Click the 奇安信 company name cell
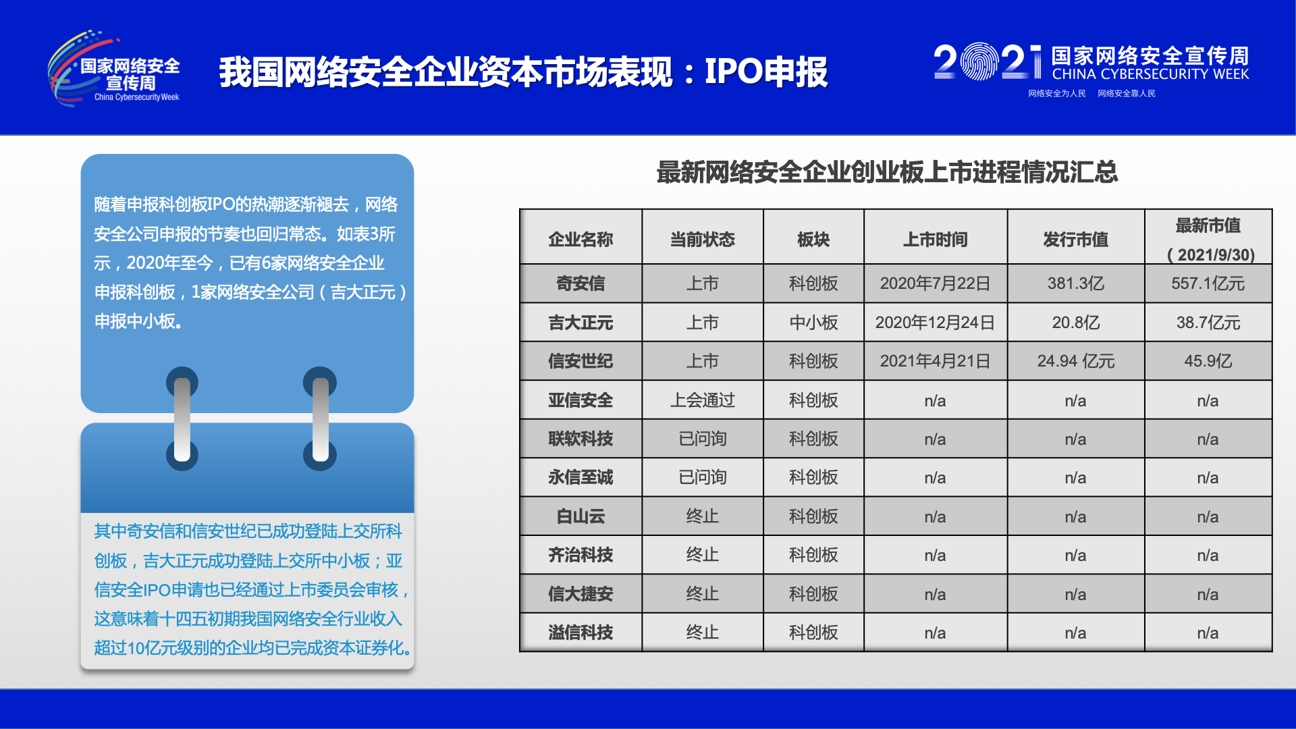coord(580,283)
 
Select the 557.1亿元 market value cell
coord(1208,283)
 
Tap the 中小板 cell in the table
coord(813,323)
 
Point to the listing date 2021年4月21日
coord(935,361)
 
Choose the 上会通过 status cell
coord(702,400)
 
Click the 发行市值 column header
coord(1075,240)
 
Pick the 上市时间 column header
coord(935,240)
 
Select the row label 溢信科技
coord(580,632)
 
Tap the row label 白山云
coord(580,516)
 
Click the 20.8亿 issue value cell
coord(1075,323)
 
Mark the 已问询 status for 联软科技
coord(702,439)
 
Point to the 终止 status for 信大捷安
coord(702,594)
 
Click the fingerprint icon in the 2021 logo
coord(979,62)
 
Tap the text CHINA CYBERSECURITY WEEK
coord(1150,74)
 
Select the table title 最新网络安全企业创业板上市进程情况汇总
coord(887,172)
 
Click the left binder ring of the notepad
coord(182,418)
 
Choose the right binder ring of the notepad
coord(320,418)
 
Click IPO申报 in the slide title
coord(766,72)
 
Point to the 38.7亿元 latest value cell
coord(1208,323)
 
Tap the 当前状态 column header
coord(702,240)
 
